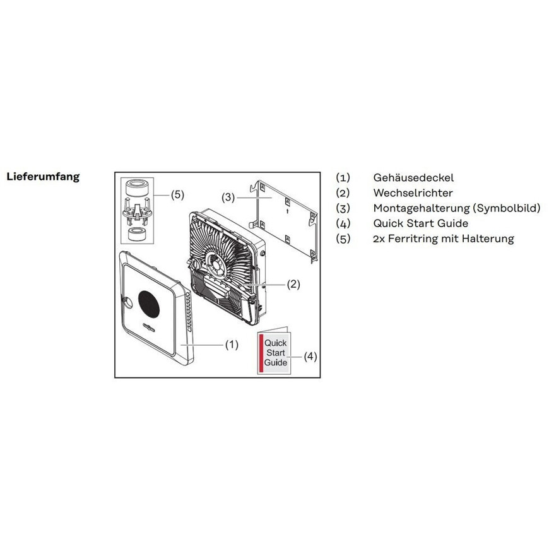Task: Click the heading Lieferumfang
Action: click(x=43, y=177)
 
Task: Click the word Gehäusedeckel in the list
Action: click(x=413, y=177)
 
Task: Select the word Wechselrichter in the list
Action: click(x=413, y=193)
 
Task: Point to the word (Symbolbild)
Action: click(x=507, y=208)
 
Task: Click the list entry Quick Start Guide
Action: click(x=420, y=223)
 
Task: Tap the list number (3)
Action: click(x=343, y=208)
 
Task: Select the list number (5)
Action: click(x=343, y=239)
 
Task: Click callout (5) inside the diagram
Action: click(x=177, y=194)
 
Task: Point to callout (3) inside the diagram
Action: click(x=228, y=198)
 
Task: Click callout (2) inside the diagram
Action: click(x=293, y=285)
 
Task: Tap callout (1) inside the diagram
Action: click(x=232, y=345)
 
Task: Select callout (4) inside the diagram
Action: click(x=310, y=357)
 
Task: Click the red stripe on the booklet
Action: click(x=261, y=353)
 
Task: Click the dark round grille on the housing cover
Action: click(x=149, y=302)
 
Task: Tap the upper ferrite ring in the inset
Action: click(x=138, y=189)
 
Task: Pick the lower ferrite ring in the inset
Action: click(x=137, y=234)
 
